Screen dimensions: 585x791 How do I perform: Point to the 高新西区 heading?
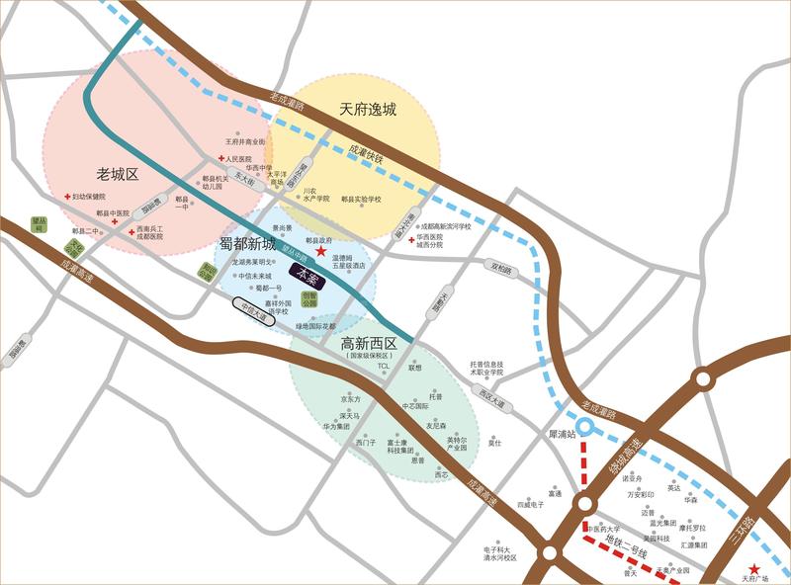(368, 343)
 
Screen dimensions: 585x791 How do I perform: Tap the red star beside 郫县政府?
(321, 252)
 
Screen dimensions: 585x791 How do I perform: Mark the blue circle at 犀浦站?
(584, 427)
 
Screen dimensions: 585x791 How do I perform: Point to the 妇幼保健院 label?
(87, 197)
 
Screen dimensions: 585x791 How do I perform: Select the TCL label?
(385, 366)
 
